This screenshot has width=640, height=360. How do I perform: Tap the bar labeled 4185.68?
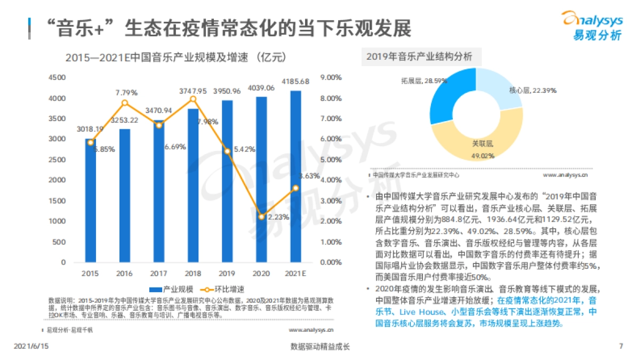tap(295, 176)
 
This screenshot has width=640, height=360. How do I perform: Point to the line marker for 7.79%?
tap(125, 103)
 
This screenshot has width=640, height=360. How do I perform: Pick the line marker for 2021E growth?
tap(295, 188)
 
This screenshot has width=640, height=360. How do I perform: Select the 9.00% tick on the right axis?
tap(330, 77)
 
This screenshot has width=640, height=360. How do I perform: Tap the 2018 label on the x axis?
tap(193, 274)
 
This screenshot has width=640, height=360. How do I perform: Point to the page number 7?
tap(620, 346)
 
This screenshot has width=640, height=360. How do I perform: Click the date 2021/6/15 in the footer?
tap(31, 346)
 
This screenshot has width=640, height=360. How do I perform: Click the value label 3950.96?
tap(228, 92)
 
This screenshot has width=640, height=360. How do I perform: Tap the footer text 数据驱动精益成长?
tap(320, 346)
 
